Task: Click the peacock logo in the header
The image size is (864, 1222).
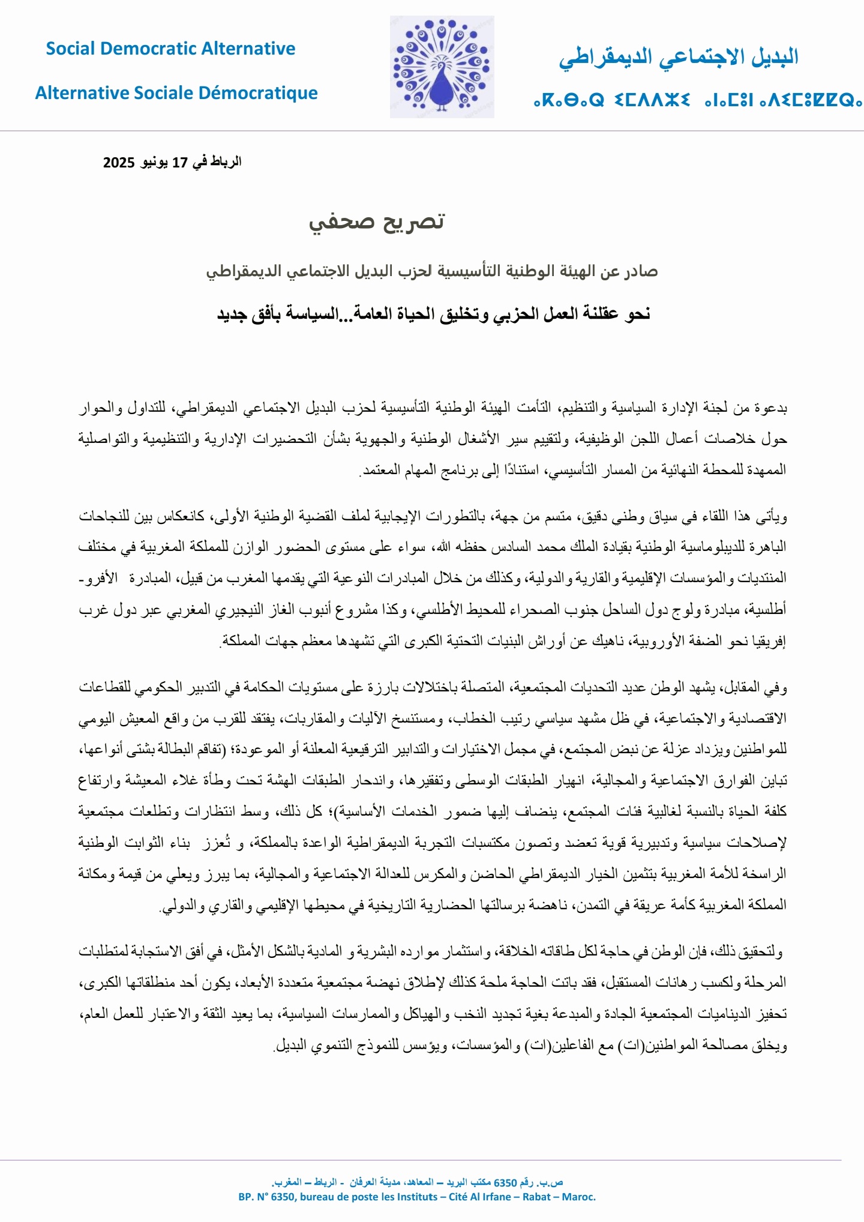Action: (442, 67)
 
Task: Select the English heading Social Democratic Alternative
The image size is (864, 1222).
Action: (170, 49)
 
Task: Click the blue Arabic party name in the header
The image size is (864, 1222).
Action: (679, 58)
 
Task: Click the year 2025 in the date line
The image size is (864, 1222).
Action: (119, 162)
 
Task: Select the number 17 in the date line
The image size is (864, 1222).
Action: (180, 162)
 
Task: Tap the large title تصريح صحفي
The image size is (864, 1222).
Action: (377, 221)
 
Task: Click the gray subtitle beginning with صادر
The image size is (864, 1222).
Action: (432, 271)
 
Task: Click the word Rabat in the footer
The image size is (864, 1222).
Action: (536, 1197)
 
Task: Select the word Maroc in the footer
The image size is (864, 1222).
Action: (579, 1197)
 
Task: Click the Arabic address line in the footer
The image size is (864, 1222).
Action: (417, 1182)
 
